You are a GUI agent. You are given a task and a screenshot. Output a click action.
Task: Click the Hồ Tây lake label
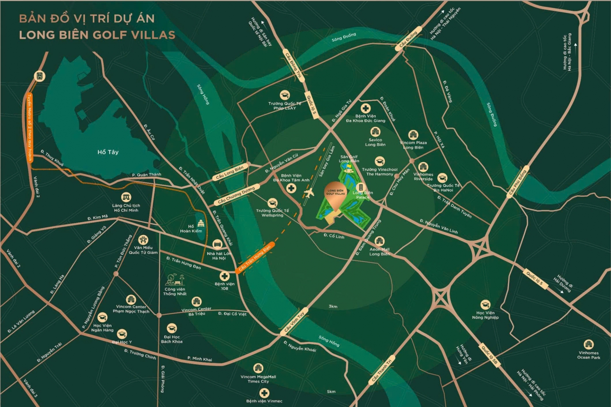coord(108,152)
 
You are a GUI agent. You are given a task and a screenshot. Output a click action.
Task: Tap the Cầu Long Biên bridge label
coord(230,173)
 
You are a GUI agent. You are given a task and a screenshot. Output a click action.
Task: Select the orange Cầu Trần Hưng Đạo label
coord(254,258)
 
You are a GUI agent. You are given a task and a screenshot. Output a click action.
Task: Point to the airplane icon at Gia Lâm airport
coord(309,193)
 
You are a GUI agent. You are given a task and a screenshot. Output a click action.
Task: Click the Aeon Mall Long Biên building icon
coord(379,241)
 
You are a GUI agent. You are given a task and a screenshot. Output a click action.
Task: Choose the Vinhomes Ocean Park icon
coord(588,344)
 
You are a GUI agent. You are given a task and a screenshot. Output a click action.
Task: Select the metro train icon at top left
coord(39,76)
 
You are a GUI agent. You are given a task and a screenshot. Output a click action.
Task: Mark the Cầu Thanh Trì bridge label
coord(381,371)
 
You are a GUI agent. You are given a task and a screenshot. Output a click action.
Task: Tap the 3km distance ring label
coord(333,306)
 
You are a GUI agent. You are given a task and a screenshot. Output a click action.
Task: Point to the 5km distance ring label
coord(331,391)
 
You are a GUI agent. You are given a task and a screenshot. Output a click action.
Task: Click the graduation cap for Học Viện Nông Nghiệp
coord(485,304)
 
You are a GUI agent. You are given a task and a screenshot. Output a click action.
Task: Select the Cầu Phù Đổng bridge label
coord(518,183)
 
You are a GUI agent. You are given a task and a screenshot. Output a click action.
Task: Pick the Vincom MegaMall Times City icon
coord(258,368)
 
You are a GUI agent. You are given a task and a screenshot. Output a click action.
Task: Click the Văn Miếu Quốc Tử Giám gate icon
coord(143,240)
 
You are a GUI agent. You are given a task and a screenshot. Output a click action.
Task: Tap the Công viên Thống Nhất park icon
coord(175,280)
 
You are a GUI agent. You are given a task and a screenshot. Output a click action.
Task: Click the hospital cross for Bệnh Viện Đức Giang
coord(365,108)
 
